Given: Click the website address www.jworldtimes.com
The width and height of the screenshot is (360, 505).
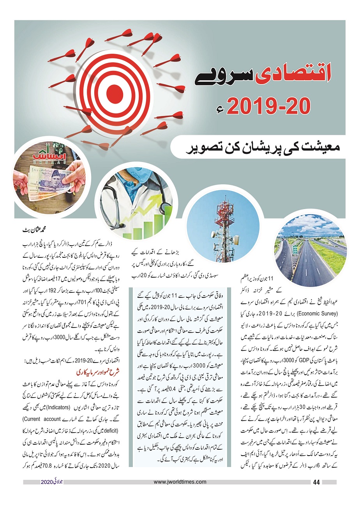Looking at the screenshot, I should pos(180,482).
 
